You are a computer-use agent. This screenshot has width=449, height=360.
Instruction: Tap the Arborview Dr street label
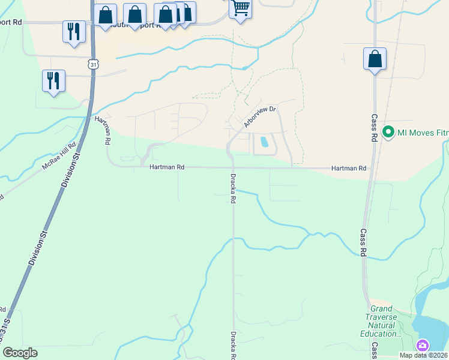pos(260,117)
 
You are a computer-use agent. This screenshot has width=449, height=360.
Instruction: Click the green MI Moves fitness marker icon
pos(388,131)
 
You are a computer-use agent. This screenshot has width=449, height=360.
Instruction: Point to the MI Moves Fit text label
pos(423,131)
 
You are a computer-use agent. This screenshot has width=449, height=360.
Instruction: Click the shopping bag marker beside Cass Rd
pos(375,59)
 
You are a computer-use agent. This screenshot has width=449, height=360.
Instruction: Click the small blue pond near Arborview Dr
pos(263,142)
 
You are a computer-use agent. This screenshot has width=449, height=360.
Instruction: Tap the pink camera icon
pos(423,345)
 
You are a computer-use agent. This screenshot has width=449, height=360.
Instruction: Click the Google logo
pos(20,353)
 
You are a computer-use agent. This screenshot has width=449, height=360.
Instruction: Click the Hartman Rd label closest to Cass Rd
pos(349,169)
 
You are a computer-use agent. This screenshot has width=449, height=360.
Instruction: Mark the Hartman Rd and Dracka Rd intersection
pos(233,168)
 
